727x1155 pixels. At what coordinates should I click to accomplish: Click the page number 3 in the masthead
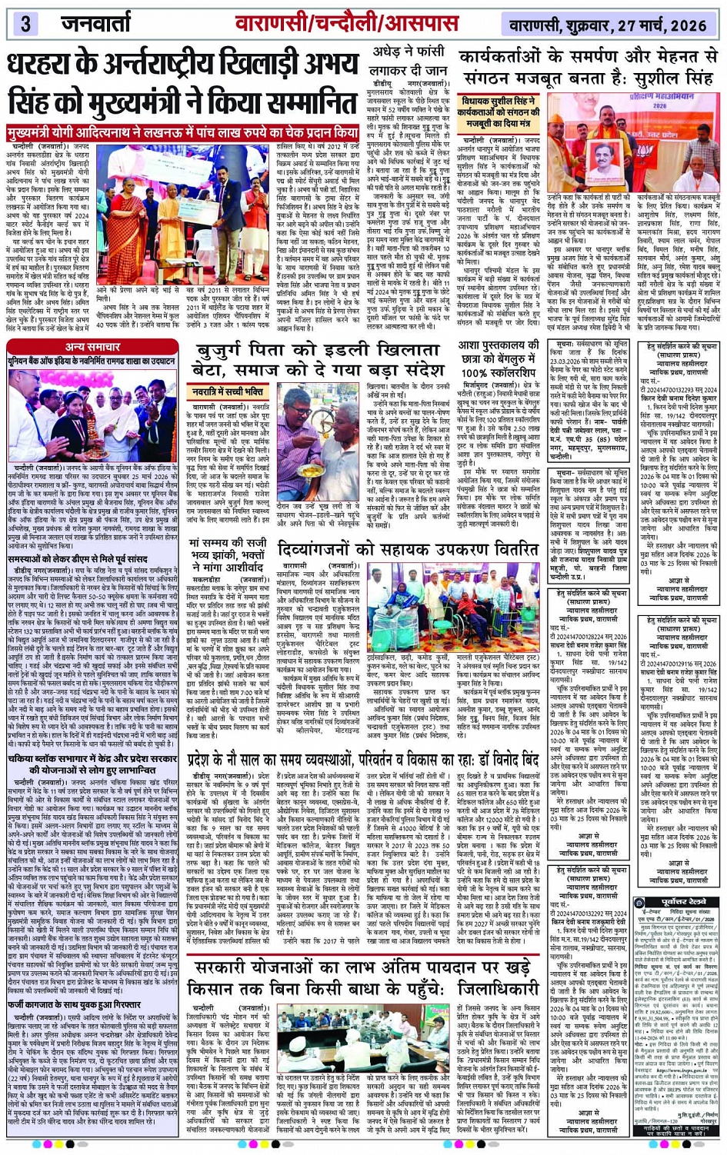[x=25, y=22]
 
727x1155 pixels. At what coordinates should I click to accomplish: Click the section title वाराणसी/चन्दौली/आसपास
[x=346, y=22]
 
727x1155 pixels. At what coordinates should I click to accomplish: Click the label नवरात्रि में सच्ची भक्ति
[x=230, y=391]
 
